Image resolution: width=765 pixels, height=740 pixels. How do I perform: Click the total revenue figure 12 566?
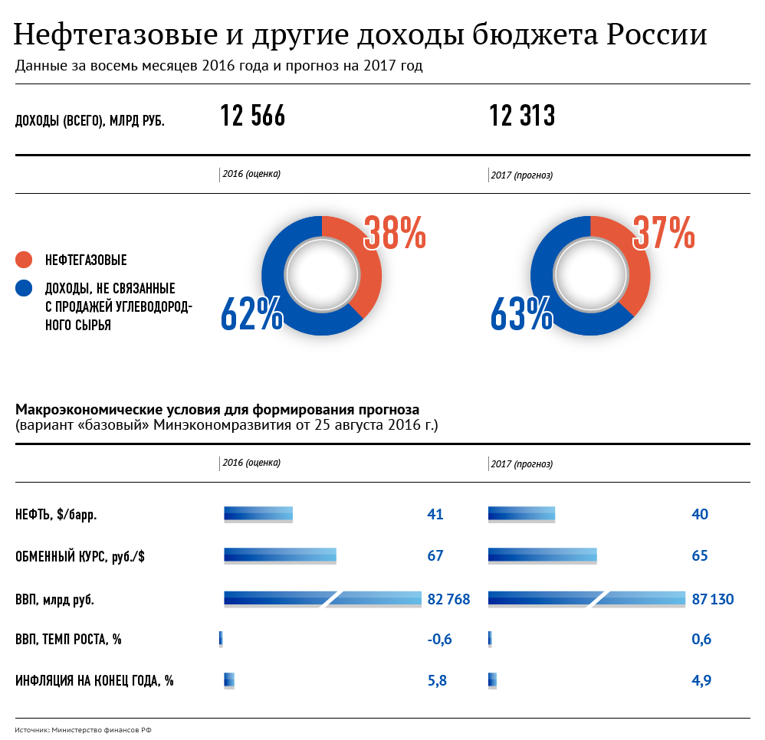point(252,116)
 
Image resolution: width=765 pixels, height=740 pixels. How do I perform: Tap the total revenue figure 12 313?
point(522,116)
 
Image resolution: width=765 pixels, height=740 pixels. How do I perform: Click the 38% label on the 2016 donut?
point(395,233)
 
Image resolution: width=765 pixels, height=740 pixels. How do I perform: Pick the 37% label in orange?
point(664,233)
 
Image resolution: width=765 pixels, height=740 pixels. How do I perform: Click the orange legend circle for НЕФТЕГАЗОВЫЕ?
point(24,260)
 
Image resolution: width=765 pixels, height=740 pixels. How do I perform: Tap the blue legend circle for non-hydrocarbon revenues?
point(24,289)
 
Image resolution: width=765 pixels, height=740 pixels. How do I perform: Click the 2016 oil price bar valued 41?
point(258,514)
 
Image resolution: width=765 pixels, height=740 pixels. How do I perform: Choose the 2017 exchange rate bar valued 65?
point(542,555)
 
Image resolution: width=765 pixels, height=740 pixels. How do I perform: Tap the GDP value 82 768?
point(448,599)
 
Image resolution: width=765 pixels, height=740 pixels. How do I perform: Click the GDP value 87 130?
point(713,599)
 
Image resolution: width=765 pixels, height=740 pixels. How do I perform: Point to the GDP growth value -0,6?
point(439,640)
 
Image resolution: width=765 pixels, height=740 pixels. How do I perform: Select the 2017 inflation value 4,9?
point(701,680)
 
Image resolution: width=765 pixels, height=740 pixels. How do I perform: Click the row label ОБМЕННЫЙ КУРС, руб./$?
point(80,557)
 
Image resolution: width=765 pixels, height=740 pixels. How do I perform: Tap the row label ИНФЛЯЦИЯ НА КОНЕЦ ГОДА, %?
point(94,680)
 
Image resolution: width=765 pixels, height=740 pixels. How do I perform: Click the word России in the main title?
point(656,35)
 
